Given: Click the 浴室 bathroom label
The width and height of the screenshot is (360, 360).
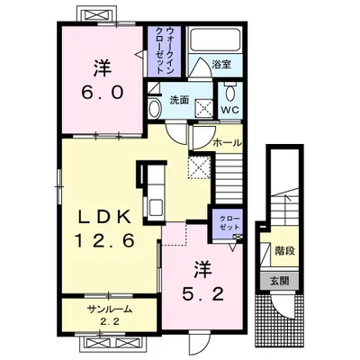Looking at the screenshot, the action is click(221, 65).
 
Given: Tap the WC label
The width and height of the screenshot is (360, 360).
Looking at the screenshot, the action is click(230, 110).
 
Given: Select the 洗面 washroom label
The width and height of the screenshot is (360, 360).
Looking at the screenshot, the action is click(179, 100).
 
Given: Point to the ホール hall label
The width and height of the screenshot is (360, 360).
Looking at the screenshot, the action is click(227, 143).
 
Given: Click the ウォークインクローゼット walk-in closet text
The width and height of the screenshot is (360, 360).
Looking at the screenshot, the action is click(166, 50).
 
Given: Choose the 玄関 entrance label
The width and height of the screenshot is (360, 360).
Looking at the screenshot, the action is click(279, 281).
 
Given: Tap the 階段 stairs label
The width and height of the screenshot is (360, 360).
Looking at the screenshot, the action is click(284, 251).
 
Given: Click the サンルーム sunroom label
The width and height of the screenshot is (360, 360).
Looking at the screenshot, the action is click(110, 310).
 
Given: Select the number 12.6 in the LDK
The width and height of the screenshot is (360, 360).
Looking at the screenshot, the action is click(104, 240).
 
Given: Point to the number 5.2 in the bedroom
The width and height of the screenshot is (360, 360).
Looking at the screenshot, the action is click(203, 294).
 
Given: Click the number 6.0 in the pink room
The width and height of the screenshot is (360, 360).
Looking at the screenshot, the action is click(103, 92).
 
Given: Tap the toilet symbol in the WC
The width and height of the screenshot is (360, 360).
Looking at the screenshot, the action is click(230, 91).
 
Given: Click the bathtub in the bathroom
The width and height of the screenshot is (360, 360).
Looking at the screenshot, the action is click(214, 39).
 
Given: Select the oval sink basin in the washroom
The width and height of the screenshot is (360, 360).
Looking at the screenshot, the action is click(155, 108).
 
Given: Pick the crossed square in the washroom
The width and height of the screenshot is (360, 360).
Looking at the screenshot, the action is click(204, 107).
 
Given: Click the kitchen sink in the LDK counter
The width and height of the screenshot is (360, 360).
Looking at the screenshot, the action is click(156, 207).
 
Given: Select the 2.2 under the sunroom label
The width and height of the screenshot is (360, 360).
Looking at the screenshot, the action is click(110, 322).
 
